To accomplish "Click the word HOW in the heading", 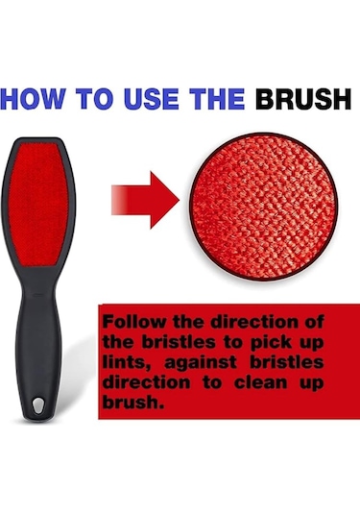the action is (31, 99).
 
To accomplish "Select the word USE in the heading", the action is (152, 99).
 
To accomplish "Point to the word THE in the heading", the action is (217, 99).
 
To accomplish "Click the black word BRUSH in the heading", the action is (303, 99).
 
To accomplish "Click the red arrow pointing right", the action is (145, 200).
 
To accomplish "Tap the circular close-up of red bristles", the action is (263, 207).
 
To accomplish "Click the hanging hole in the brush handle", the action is (38, 404).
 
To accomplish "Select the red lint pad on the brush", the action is (38, 205).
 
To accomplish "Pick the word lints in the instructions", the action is (127, 362).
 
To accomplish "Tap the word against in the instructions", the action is (200, 363).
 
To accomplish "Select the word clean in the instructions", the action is (260, 382).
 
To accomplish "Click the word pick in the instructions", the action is (271, 343).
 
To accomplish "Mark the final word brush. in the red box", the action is (133, 403).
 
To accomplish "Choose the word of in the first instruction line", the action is (314, 322).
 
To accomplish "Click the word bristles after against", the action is (287, 362).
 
